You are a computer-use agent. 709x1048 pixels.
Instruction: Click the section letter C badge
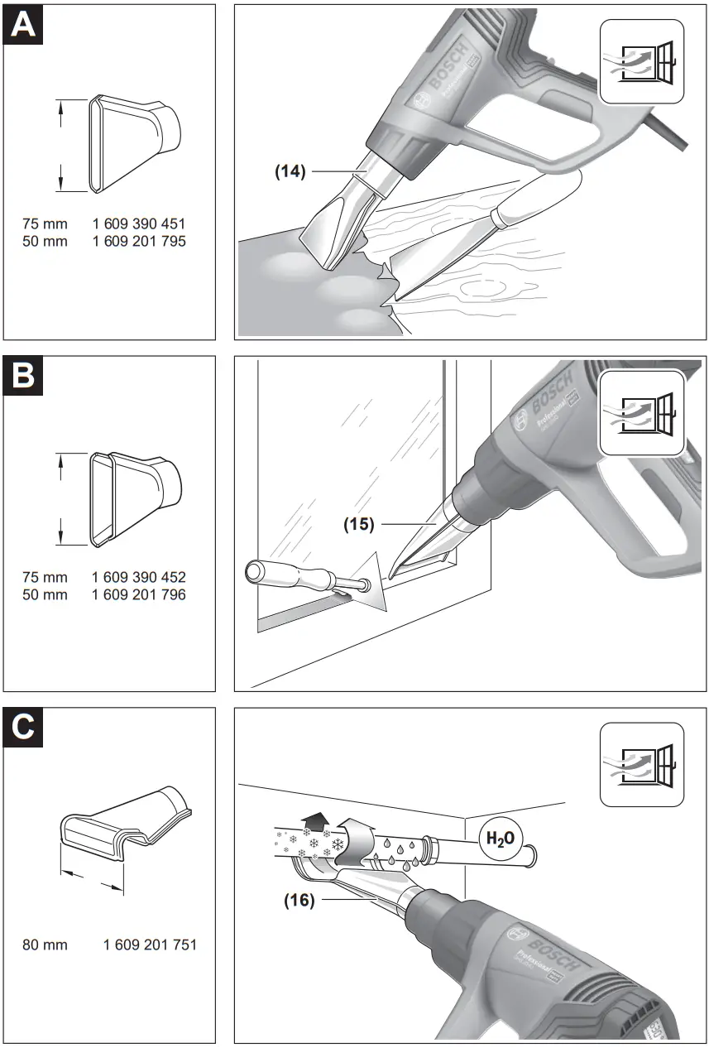click(x=24, y=728)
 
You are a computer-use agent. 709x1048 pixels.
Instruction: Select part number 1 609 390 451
click(x=139, y=224)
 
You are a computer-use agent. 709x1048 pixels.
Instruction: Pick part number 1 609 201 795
click(x=139, y=242)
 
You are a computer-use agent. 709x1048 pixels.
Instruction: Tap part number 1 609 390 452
click(x=139, y=577)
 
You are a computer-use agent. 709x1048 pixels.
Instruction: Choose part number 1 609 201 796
click(x=139, y=594)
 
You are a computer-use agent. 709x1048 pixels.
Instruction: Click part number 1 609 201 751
click(x=150, y=945)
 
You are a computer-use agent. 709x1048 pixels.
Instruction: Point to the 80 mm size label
click(x=45, y=945)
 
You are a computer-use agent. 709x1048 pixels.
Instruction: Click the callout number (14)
click(x=290, y=171)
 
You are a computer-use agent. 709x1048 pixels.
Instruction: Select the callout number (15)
click(x=359, y=524)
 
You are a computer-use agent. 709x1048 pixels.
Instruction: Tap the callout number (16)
click(x=299, y=900)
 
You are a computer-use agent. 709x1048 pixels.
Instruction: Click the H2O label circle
click(x=499, y=839)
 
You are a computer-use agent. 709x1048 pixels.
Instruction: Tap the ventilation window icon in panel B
click(x=641, y=414)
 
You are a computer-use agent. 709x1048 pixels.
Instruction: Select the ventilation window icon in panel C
click(x=641, y=765)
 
